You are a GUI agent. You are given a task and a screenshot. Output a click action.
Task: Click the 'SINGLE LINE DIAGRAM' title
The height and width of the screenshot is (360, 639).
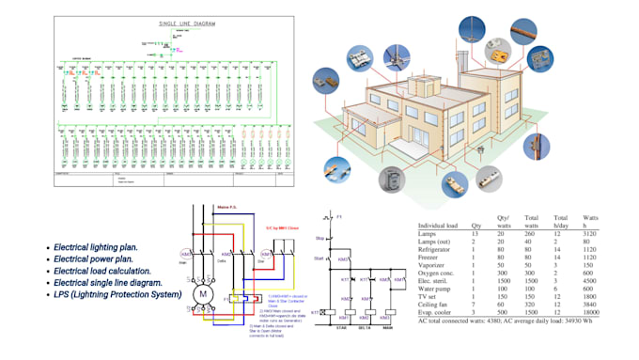tap(176, 22)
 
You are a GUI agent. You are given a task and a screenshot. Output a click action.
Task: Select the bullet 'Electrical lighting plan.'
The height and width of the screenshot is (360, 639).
tap(97, 246)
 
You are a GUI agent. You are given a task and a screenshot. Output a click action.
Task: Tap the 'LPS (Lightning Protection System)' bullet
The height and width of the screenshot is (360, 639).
tap(117, 294)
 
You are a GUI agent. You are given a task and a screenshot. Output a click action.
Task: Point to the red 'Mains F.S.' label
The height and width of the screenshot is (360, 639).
tap(228, 210)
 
